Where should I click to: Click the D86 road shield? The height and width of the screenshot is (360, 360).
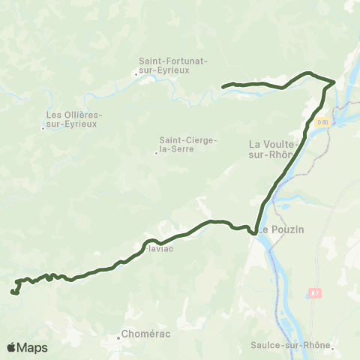click(322, 121)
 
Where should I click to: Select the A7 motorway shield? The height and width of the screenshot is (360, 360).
click(313, 292)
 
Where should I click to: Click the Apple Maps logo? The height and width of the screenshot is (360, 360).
click(27, 347)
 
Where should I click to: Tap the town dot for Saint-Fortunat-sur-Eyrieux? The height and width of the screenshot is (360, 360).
click(136, 73)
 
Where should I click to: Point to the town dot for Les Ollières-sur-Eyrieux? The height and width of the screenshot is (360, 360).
click(43, 128)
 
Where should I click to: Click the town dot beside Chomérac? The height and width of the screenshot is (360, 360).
click(119, 337)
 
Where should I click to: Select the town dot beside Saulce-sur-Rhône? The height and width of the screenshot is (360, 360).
click(332, 345)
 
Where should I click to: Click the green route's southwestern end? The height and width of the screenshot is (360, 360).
click(13, 292)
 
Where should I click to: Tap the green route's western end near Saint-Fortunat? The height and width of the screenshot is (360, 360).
click(223, 86)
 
